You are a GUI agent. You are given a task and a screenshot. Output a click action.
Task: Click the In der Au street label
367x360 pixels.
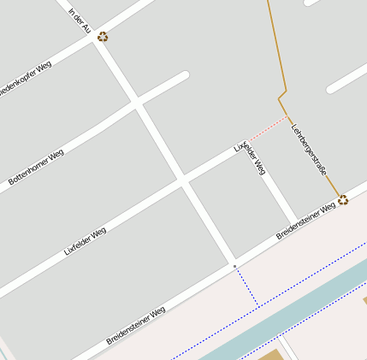click(x=79, y=21)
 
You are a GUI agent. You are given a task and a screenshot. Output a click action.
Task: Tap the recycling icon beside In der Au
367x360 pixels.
click(x=103, y=37)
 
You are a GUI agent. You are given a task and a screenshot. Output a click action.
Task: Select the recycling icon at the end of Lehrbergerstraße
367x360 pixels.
click(x=343, y=200)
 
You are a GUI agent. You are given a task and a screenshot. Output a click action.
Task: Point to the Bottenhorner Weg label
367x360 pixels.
click(x=36, y=168)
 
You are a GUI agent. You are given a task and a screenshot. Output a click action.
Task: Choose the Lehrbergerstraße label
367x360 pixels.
click(x=309, y=151)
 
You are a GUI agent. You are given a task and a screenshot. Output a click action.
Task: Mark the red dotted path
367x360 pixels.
click(x=267, y=127)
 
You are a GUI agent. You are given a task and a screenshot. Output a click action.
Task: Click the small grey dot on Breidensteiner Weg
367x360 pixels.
click(x=234, y=267)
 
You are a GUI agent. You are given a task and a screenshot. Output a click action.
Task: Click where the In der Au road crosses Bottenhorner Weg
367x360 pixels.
click(x=136, y=104)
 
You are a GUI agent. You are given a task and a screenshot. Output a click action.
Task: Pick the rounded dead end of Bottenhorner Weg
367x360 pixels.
click(x=182, y=77)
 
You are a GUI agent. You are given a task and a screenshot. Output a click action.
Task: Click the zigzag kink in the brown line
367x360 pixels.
click(x=282, y=91)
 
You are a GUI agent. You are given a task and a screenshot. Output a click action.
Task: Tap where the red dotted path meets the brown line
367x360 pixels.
click(x=287, y=115)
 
